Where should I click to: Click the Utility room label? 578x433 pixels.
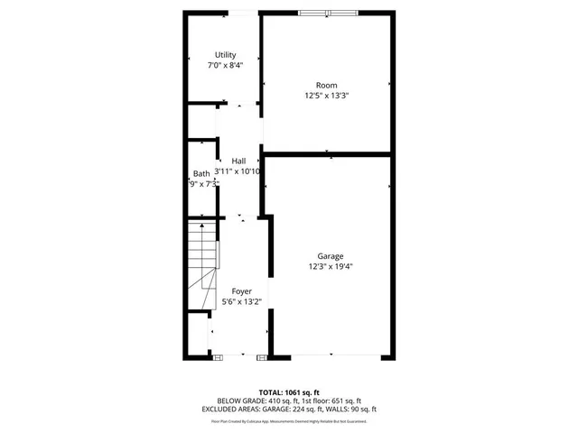tap(225, 55)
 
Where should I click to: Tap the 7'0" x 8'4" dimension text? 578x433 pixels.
tap(225, 65)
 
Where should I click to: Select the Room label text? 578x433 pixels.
tap(326, 86)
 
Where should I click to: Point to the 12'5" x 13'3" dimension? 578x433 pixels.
tap(326, 96)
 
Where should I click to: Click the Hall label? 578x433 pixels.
tap(238, 161)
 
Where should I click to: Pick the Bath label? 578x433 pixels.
tap(201, 174)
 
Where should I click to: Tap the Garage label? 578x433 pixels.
tap(330, 256)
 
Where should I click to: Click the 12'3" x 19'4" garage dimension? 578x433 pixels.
tap(330, 266)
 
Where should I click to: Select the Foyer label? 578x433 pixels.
tap(241, 291)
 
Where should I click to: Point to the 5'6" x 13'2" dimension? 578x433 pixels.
tap(241, 302)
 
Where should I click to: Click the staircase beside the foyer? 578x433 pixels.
tap(203, 266)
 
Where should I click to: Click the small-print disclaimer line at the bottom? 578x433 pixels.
tap(289, 420)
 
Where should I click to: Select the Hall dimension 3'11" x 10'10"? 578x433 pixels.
tap(238, 171)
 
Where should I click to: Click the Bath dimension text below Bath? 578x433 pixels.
tap(203, 184)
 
